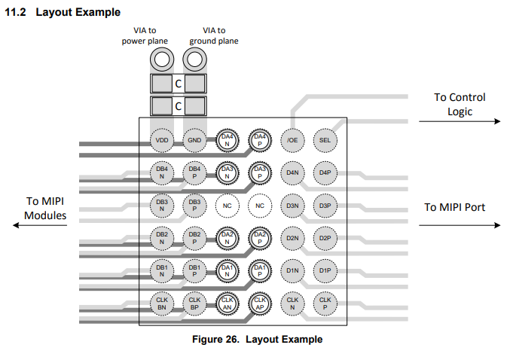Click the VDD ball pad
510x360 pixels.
[162, 140]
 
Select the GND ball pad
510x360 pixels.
[194, 140]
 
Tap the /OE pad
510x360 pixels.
[292, 140]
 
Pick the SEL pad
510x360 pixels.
[325, 140]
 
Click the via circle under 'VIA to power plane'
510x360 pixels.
[162, 59]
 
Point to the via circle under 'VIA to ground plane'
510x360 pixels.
[194, 59]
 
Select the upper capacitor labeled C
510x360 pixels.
[179, 84]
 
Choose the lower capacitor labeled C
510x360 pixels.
[179, 105]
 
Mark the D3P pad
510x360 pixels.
[325, 205]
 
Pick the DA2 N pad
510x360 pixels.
[227, 238]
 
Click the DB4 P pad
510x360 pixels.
[194, 172]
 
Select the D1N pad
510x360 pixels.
[292, 270]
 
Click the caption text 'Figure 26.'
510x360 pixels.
[217, 340]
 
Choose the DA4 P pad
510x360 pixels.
[259, 140]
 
